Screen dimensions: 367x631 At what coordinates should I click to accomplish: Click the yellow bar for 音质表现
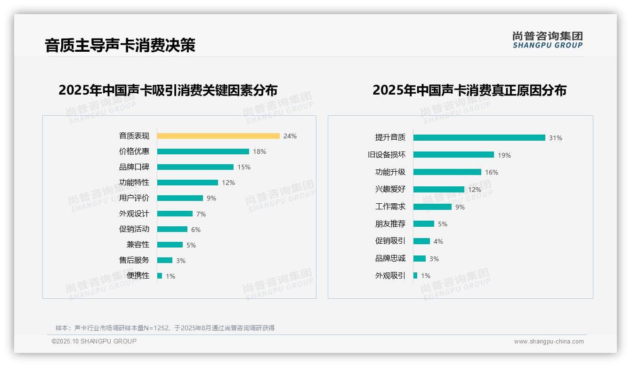click(218, 136)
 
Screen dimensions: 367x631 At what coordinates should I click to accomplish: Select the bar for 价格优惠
click(203, 152)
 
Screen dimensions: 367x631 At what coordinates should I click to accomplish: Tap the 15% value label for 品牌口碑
click(244, 167)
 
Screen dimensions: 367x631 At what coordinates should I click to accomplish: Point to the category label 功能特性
click(134, 183)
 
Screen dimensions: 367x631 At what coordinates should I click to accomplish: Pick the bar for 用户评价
click(180, 198)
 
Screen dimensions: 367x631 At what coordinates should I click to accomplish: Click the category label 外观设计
click(134, 214)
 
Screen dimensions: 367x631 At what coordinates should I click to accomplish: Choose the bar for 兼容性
click(170, 245)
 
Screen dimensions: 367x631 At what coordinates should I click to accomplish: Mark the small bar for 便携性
click(160, 276)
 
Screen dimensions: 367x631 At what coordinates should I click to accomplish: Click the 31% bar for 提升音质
click(479, 138)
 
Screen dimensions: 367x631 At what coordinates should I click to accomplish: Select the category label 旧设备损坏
click(386, 155)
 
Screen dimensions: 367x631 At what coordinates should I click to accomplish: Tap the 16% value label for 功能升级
click(491, 172)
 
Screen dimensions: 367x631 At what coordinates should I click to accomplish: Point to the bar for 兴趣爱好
click(438, 189)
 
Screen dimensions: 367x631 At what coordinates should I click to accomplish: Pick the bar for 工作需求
click(432, 207)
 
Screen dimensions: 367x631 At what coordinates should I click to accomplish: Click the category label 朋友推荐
click(390, 224)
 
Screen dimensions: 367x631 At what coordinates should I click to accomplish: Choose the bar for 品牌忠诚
click(420, 258)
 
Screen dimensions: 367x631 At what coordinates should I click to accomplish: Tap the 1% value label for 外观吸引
click(425, 276)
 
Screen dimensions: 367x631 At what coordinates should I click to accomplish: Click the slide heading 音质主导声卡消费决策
click(120, 45)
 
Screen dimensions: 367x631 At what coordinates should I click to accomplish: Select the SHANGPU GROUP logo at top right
click(547, 40)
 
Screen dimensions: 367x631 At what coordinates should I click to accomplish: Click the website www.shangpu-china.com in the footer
click(549, 342)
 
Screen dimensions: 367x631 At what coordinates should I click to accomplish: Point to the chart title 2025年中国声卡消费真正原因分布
click(469, 90)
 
